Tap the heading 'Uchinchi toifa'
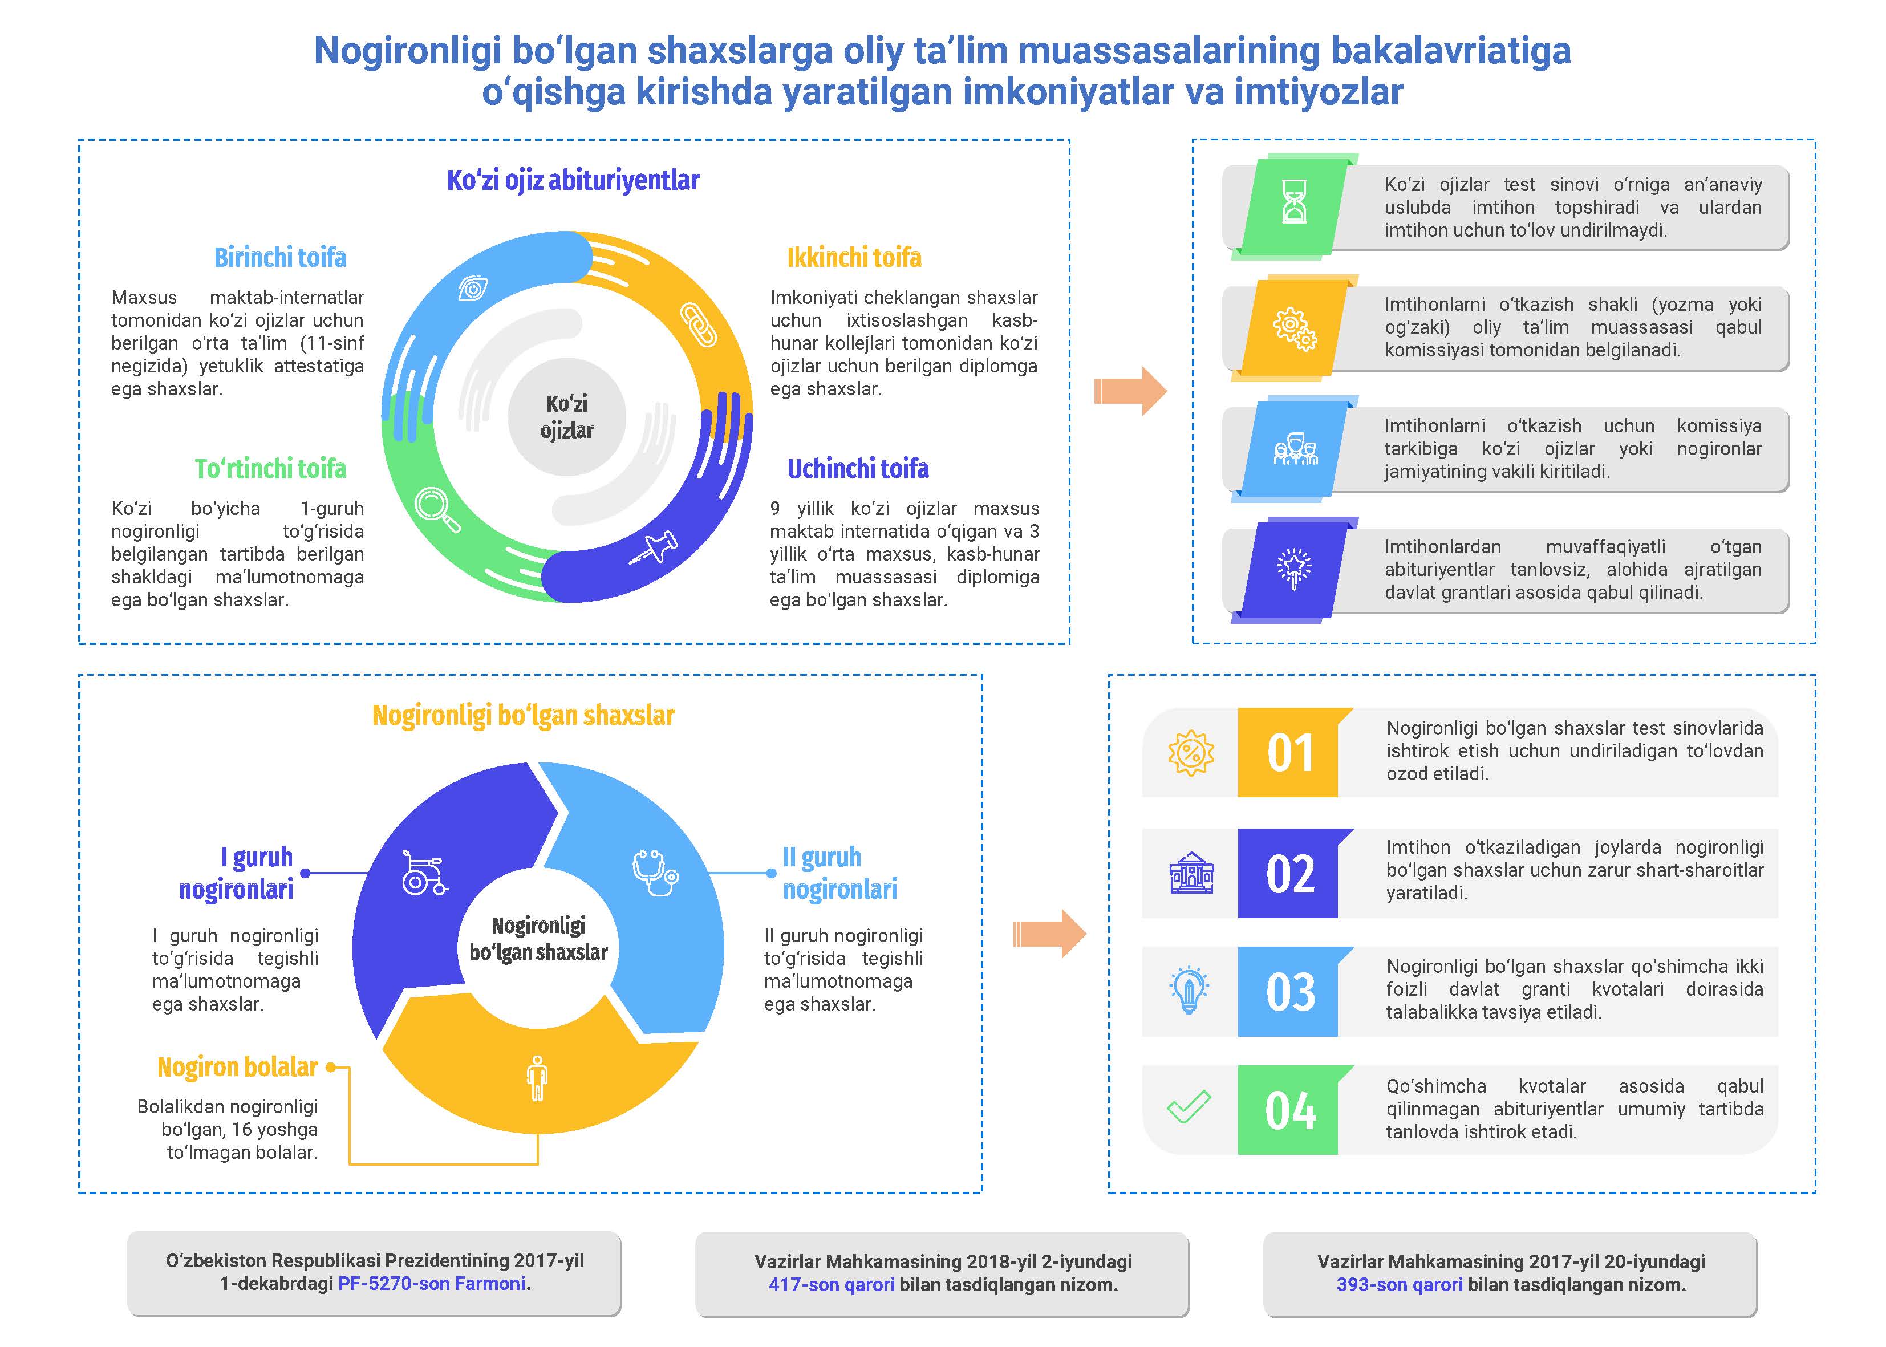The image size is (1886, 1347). point(858,469)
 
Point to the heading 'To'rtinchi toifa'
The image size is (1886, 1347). point(270,469)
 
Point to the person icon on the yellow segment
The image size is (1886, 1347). point(537,1078)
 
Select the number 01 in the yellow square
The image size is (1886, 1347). point(1289,753)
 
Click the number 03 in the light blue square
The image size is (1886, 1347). point(1289,992)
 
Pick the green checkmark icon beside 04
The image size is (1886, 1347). point(1189,1107)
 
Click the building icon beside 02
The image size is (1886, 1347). point(1191,874)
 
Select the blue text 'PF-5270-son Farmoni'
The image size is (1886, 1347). point(432,1284)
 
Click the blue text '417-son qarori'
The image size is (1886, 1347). point(831,1285)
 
